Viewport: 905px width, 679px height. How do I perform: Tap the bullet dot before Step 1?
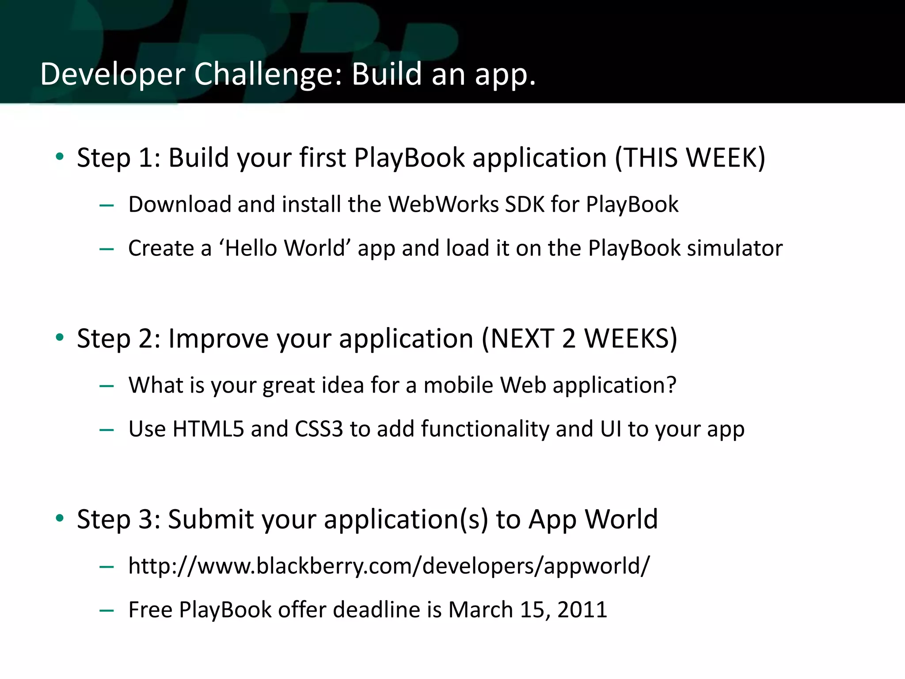(60, 156)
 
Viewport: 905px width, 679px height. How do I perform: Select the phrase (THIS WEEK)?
(690, 157)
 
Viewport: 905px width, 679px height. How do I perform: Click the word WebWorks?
(443, 204)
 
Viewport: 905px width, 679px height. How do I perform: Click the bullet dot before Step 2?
(60, 337)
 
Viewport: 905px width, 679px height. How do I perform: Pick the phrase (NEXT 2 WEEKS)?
(579, 339)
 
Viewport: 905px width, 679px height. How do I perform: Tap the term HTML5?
(208, 429)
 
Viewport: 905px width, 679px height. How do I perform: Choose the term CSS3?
(319, 429)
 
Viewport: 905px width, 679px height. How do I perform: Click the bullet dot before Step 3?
(60, 518)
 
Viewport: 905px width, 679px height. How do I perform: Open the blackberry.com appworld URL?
(389, 566)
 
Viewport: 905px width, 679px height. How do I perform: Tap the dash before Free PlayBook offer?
(107, 610)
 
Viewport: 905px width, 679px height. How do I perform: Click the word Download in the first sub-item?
(180, 204)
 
